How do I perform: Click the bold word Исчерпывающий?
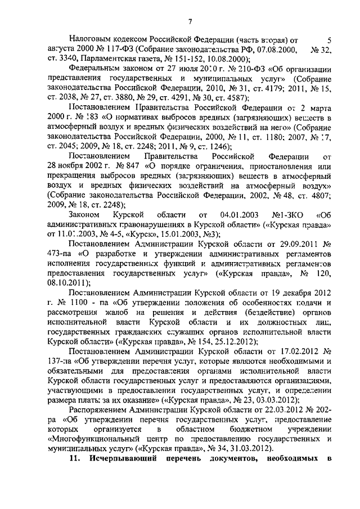click(x=123, y=475)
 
